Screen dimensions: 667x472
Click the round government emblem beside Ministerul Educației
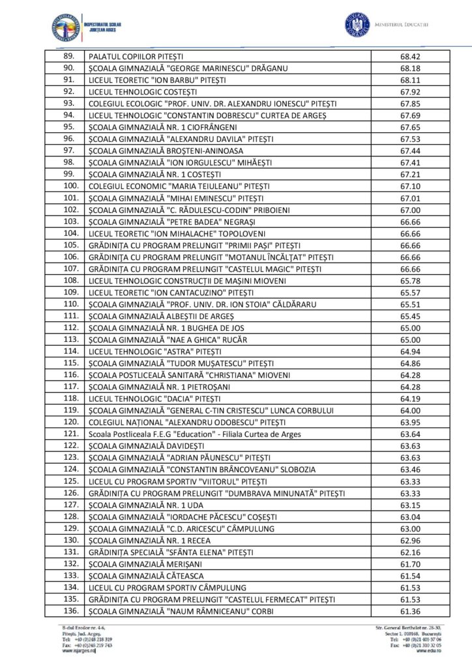pos(357,25)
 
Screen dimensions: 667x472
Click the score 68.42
pos(410,57)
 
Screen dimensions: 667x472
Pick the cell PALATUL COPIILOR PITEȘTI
pos(136,57)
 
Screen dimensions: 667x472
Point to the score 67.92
pos(410,92)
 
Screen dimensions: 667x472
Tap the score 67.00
pos(410,210)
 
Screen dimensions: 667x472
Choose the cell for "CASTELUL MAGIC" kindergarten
pos(205,269)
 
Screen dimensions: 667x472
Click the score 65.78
pos(410,281)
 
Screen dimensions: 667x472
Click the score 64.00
pos(410,410)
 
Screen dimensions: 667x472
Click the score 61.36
pos(410,611)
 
